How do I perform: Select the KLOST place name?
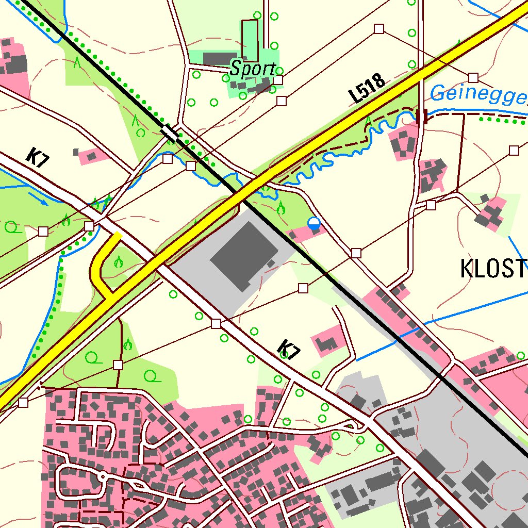[493, 269]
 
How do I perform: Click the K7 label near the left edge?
[38, 157]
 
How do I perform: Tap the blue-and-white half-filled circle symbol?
[313, 223]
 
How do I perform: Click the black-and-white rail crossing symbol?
[170, 133]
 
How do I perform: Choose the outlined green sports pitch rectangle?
[250, 40]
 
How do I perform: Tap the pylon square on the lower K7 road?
[216, 323]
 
